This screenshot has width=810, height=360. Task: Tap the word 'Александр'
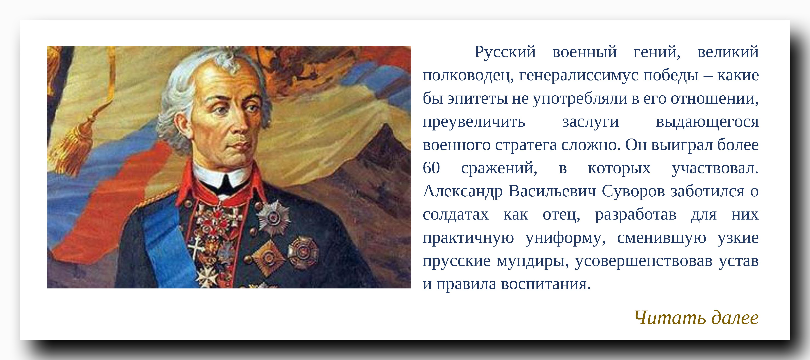(462, 191)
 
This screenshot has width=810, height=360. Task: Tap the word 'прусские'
(456, 261)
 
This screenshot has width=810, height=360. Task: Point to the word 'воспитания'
(546, 284)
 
